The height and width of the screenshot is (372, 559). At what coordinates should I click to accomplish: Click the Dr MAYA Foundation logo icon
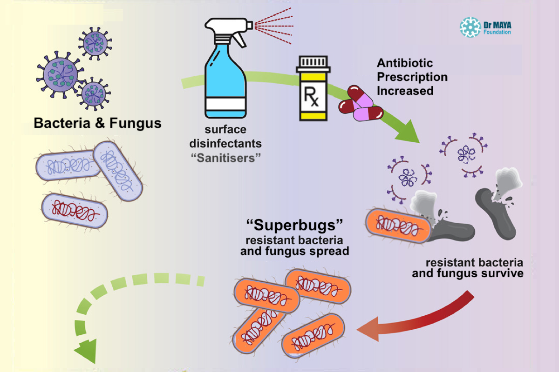tap(470, 27)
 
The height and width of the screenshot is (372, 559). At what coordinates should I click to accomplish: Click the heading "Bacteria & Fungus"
tap(97, 124)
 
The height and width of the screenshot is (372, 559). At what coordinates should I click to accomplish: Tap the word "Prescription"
tap(412, 77)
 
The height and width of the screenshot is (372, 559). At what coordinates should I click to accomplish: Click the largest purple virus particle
tap(58, 74)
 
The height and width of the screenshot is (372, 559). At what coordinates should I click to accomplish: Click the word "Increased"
tap(405, 91)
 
